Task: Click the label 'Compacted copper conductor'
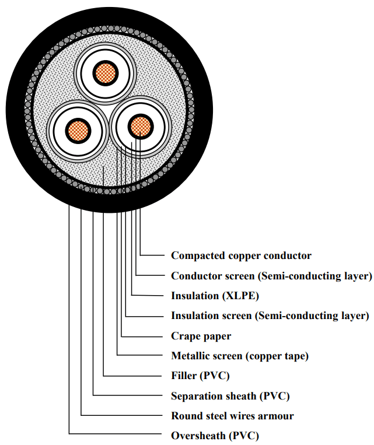[x=241, y=255]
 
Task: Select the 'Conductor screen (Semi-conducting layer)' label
[x=271, y=276]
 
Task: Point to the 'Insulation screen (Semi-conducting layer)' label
[x=270, y=316]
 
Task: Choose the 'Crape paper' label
[x=201, y=336]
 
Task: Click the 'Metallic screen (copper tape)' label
[x=239, y=356]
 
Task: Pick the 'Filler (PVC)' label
[x=200, y=376]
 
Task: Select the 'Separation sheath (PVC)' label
[x=230, y=396]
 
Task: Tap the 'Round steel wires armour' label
[x=232, y=416]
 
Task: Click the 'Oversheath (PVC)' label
[x=215, y=436]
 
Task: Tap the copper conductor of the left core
[x=76, y=129]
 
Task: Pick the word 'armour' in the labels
[x=276, y=416]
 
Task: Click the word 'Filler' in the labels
[x=185, y=376]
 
